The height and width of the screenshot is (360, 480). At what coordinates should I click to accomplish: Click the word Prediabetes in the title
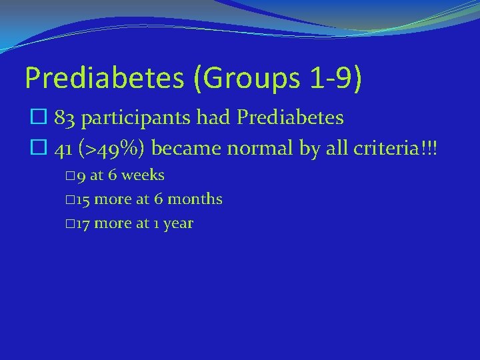(x=103, y=78)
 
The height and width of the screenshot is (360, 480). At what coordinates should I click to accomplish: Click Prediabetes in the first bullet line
(x=291, y=119)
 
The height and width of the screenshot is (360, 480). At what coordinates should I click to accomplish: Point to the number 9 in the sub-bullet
(x=80, y=176)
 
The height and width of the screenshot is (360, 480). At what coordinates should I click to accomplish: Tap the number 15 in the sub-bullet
(x=83, y=199)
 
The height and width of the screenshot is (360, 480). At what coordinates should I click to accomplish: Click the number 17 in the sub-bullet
(x=83, y=223)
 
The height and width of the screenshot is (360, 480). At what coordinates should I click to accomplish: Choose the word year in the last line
(x=178, y=224)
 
